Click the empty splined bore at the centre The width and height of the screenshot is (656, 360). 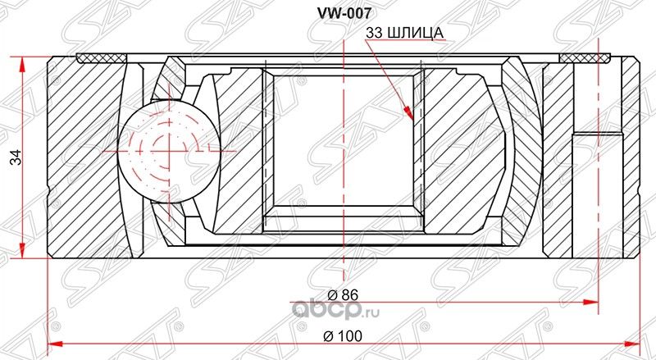point(343,148)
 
